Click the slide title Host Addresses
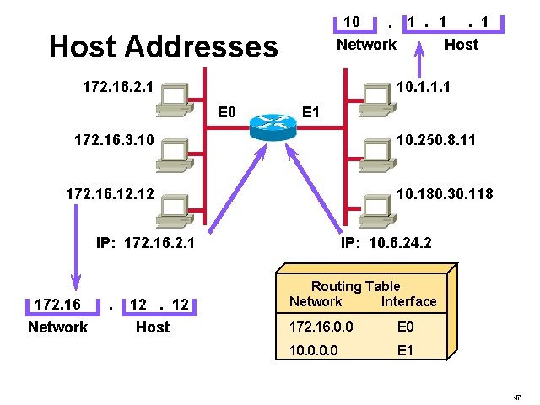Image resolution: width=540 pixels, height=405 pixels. [163, 46]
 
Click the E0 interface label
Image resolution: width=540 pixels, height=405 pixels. [227, 111]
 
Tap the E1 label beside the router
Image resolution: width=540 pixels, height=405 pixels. [310, 111]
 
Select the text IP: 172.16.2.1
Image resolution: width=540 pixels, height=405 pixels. [146, 244]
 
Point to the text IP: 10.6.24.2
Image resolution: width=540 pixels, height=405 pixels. [386, 244]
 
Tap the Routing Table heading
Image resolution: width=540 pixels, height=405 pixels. [355, 287]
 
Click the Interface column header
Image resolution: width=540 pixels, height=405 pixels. [409, 301]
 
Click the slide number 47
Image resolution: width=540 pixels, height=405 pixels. [516, 396]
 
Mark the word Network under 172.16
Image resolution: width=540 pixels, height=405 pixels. [57, 327]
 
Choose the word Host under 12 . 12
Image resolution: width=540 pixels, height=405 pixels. [153, 327]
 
